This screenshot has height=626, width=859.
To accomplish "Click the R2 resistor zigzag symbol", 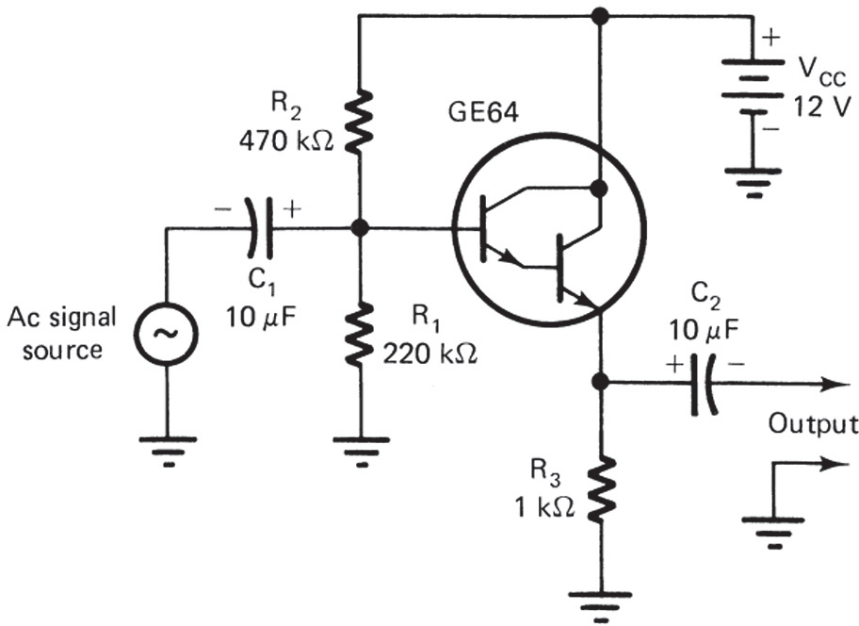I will pyautogui.click(x=360, y=121).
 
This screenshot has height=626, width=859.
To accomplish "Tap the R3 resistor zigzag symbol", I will pyautogui.click(x=599, y=487).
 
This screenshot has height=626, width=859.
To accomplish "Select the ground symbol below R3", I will pyautogui.click(x=599, y=604).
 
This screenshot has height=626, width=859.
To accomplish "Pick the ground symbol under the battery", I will pyautogui.click(x=754, y=181).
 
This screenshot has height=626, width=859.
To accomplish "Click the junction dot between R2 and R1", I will pyautogui.click(x=360, y=228).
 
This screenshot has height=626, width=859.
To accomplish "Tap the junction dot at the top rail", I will pyautogui.click(x=598, y=15).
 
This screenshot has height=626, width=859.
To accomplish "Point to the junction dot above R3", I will pyautogui.click(x=599, y=382).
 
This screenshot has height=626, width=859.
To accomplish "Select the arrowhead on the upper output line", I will pyautogui.click(x=832, y=383).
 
